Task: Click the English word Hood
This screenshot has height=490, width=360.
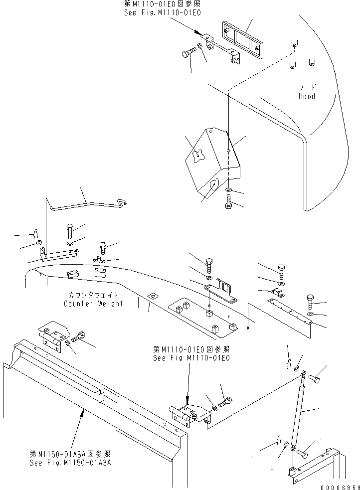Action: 307,96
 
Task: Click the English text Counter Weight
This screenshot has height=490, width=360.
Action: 93,304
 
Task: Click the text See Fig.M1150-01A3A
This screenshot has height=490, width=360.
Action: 69,463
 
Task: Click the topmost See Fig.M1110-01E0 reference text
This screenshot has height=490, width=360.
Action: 163,12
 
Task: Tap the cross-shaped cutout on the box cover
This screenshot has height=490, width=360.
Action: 198,156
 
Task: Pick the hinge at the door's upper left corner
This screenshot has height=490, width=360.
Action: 54,336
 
